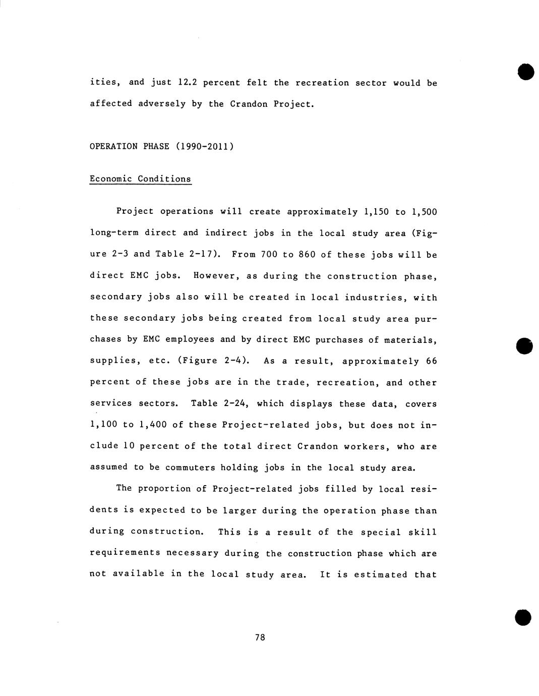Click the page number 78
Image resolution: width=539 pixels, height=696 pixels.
click(260, 637)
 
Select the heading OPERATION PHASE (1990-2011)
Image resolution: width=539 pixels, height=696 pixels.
click(161, 146)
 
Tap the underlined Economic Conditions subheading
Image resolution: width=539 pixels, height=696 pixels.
click(140, 179)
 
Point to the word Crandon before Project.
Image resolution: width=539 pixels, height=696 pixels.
click(249, 104)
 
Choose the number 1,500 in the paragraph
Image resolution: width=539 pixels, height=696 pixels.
click(424, 212)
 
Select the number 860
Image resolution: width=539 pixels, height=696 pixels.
click(307, 254)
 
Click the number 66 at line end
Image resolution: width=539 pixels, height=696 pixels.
click(431, 361)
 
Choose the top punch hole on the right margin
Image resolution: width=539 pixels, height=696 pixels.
click(525, 72)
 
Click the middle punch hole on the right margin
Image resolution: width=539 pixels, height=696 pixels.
click(524, 345)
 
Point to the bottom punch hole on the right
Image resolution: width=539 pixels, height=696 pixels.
click(523, 617)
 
